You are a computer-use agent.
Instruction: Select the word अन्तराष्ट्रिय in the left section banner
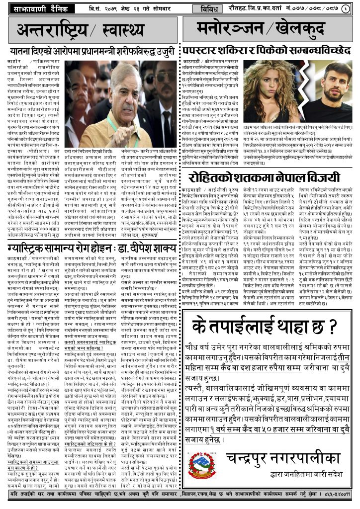(52, 31)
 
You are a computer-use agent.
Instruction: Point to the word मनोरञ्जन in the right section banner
(228, 30)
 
